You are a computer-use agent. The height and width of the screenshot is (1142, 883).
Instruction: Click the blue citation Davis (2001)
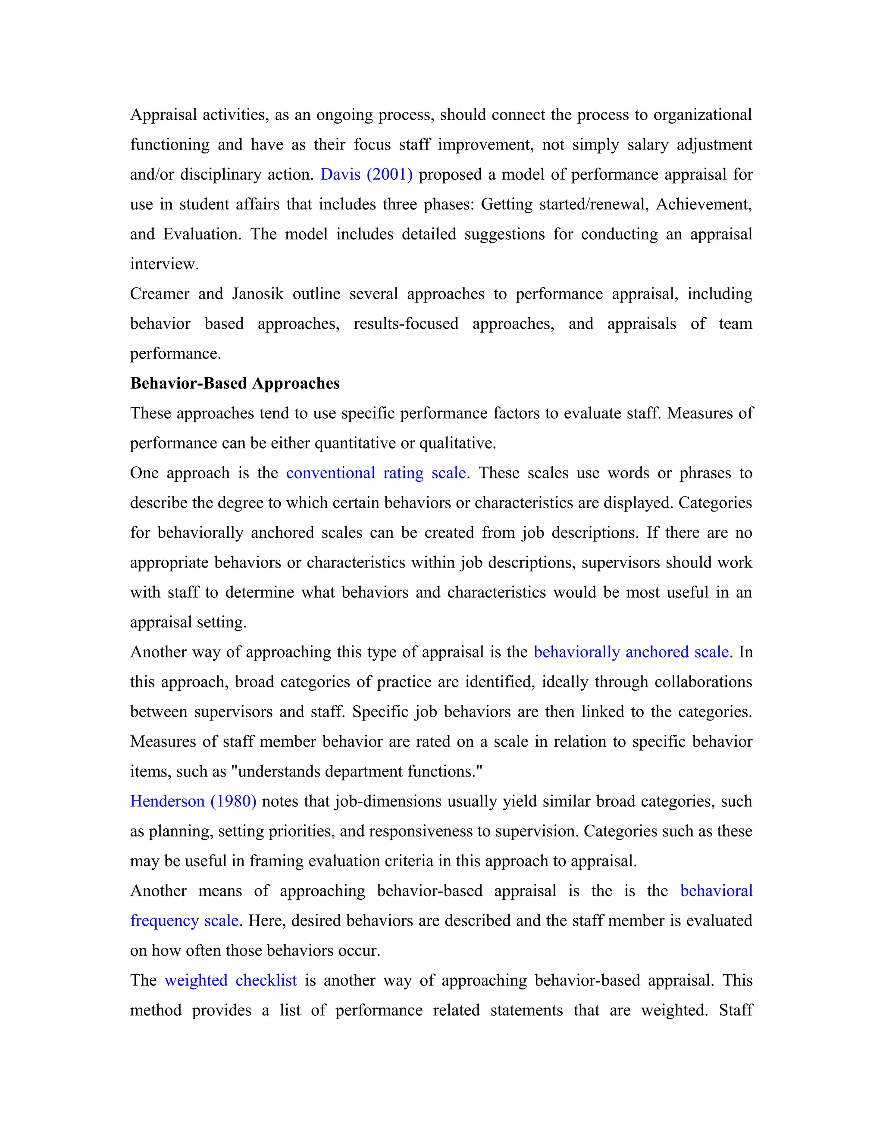point(366,175)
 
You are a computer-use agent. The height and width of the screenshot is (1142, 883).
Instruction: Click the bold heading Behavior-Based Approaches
point(235,383)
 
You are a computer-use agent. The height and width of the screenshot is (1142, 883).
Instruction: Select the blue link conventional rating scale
point(376,473)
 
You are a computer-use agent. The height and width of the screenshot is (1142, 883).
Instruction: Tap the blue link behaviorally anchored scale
point(631,652)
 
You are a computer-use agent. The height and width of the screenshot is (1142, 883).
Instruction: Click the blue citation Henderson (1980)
point(193,801)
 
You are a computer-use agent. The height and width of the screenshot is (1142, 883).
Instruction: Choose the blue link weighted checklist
point(231,980)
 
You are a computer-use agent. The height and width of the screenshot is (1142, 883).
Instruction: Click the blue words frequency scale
point(185,920)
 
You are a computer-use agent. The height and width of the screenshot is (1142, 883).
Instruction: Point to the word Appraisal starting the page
point(163,115)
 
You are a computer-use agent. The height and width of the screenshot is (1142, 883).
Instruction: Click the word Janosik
point(257,294)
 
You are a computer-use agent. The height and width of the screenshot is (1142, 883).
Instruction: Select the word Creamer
point(160,294)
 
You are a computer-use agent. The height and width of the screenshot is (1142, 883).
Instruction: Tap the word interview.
point(164,264)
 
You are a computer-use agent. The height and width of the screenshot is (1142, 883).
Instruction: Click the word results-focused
point(405,324)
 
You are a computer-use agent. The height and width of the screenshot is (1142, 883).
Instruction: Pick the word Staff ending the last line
point(735,1010)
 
